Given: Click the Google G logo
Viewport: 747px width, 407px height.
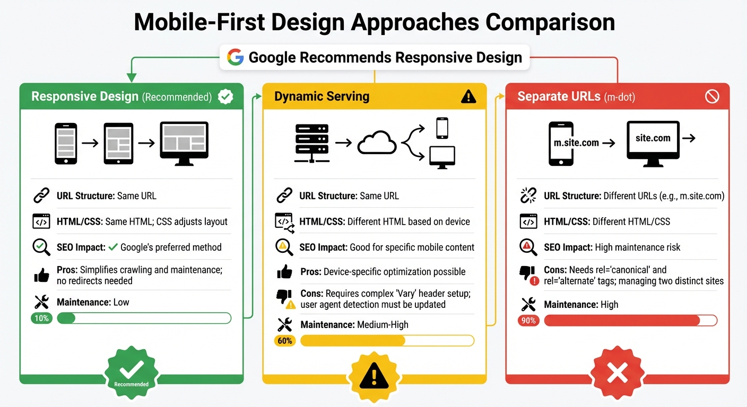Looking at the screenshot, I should (x=235, y=57).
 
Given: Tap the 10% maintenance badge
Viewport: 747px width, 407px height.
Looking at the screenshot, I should (x=42, y=318).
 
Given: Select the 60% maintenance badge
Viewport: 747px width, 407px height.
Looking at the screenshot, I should (x=285, y=341).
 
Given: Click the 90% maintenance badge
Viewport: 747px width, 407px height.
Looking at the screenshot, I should (x=528, y=321).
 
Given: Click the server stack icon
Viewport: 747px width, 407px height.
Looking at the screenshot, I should (x=311, y=142).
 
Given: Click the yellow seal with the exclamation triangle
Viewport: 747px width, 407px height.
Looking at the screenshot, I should (x=374, y=375).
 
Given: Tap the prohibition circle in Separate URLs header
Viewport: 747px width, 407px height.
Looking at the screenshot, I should (x=711, y=96).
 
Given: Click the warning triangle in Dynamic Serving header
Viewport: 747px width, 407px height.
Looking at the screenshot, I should (x=468, y=96).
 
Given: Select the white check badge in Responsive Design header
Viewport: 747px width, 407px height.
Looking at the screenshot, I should (x=225, y=96).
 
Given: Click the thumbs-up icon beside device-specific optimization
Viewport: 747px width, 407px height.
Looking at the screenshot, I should (x=284, y=272).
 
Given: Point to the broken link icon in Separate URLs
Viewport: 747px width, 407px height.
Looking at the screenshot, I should (x=528, y=196).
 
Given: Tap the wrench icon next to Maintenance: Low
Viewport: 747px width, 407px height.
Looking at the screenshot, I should (x=41, y=302).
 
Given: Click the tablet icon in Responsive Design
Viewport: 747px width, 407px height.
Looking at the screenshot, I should (x=118, y=143).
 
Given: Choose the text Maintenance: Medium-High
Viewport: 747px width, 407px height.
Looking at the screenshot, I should (x=354, y=324).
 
